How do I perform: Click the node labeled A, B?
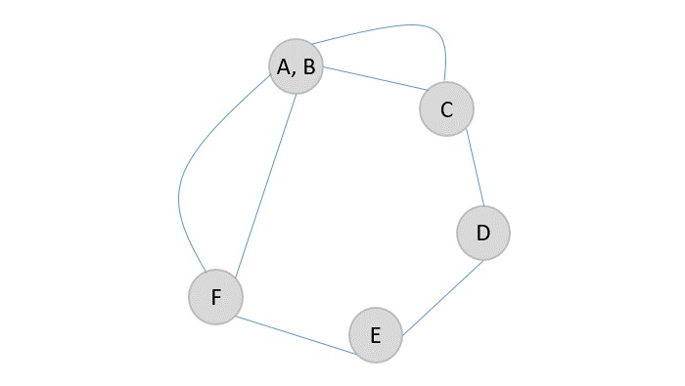(x=296, y=66)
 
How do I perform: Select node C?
(x=446, y=108)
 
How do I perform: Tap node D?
(x=482, y=233)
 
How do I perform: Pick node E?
(x=376, y=335)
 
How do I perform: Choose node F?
(x=215, y=296)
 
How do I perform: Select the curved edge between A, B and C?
(x=411, y=24)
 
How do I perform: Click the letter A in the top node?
(x=284, y=66)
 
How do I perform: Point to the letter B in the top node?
(x=308, y=66)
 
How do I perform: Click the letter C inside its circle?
(x=446, y=109)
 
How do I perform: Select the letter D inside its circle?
(x=482, y=233)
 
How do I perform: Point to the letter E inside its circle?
(x=375, y=336)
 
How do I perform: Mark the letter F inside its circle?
(x=216, y=296)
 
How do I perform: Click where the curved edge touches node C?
(x=445, y=82)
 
